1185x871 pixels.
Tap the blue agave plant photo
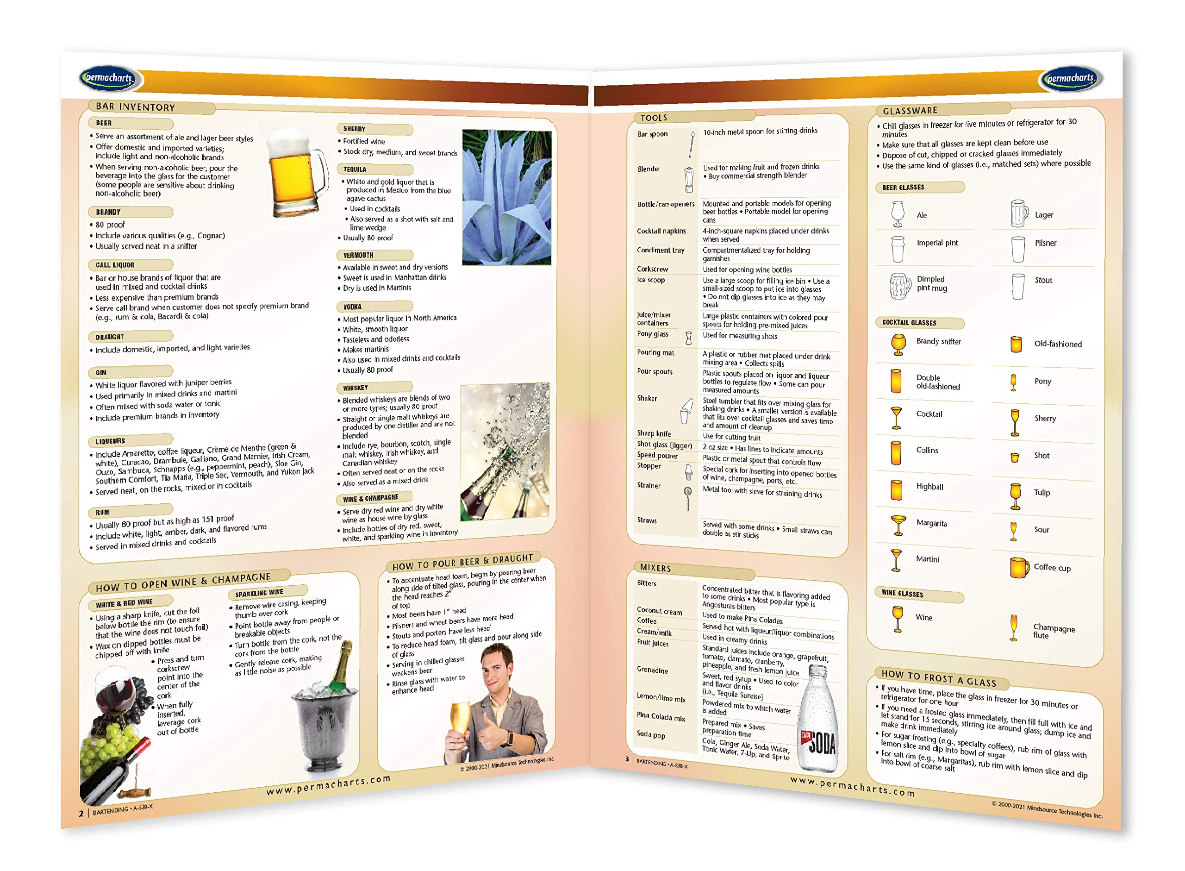pos(506,197)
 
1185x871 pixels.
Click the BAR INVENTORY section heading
pos(136,107)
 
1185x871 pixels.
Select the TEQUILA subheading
pos(355,169)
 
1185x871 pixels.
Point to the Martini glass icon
pos(896,560)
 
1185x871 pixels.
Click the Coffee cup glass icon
pos(1018,568)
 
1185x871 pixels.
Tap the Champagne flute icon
pos(1013,627)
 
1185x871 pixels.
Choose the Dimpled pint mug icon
pos(899,286)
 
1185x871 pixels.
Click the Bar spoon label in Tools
pos(652,134)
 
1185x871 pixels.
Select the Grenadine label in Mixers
pos(652,670)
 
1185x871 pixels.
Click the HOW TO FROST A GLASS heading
pos(938,678)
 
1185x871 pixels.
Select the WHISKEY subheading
pos(355,388)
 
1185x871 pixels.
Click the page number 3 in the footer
pos(627,759)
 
